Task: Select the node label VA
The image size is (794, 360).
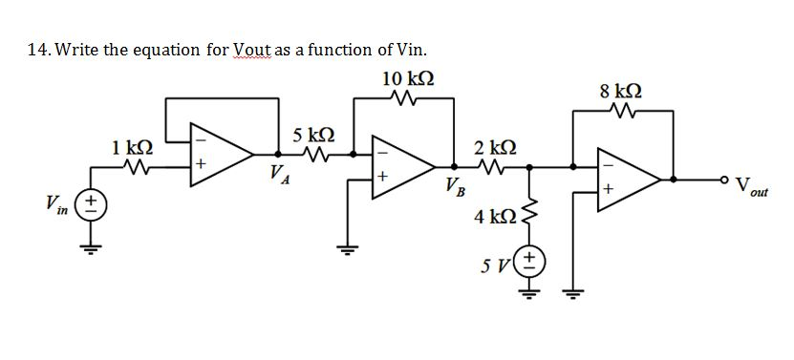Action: point(278,174)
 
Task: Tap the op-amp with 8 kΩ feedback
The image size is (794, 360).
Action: point(626,179)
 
